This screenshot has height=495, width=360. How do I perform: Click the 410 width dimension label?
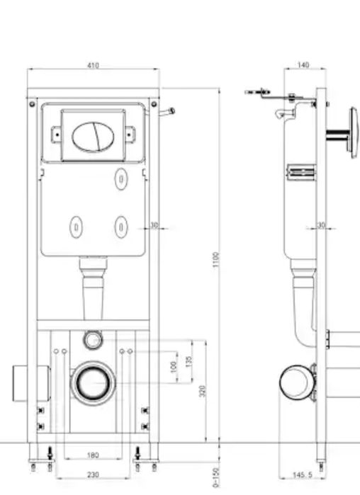pos(93,65)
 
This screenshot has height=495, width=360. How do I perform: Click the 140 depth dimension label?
pos(303,64)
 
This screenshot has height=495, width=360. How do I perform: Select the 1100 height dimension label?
pos(216,259)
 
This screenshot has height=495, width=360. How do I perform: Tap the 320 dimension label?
pos(203,391)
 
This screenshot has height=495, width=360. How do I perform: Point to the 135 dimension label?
pos(189,361)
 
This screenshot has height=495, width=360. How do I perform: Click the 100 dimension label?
pos(174,367)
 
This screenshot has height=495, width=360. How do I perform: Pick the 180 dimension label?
pos(93,455)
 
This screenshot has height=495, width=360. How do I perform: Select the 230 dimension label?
pos(93,474)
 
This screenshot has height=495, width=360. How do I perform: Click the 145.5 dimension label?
pos(303,474)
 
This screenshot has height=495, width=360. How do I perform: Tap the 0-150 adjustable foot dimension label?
pos(216,477)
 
